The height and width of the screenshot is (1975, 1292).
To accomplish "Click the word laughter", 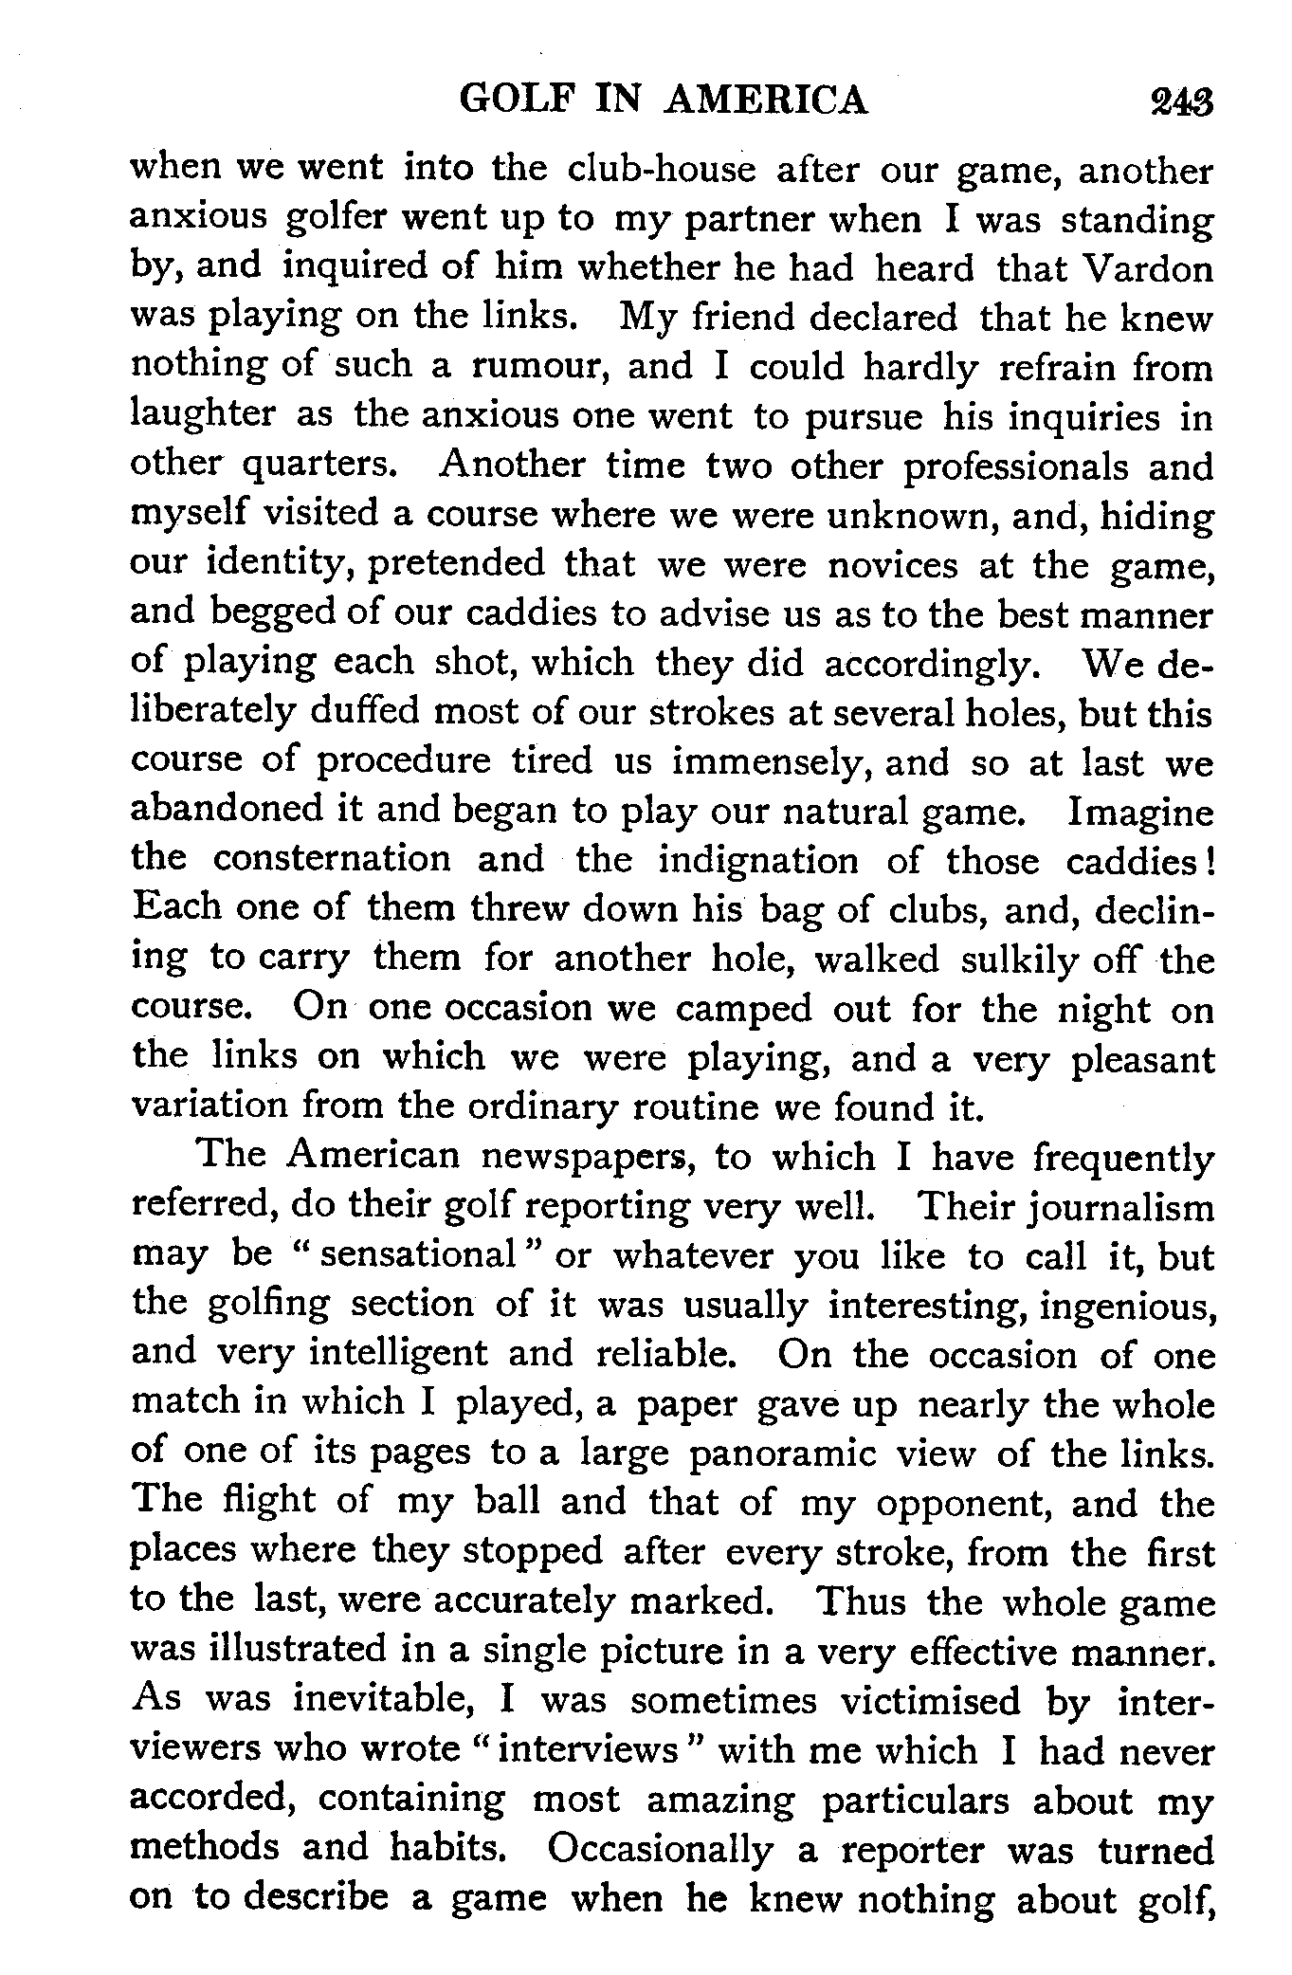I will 203,416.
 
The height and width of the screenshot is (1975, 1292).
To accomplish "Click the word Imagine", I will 1140,812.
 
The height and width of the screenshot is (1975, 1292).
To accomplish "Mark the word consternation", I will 332,860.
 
